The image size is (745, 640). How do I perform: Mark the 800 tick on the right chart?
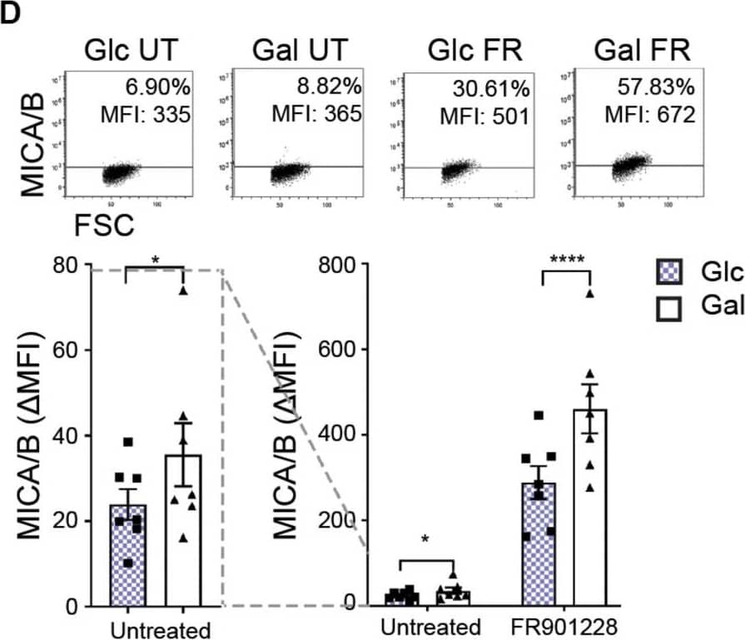[342, 265]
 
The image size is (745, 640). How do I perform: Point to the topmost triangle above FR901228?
[589, 293]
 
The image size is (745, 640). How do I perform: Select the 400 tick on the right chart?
[342, 435]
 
